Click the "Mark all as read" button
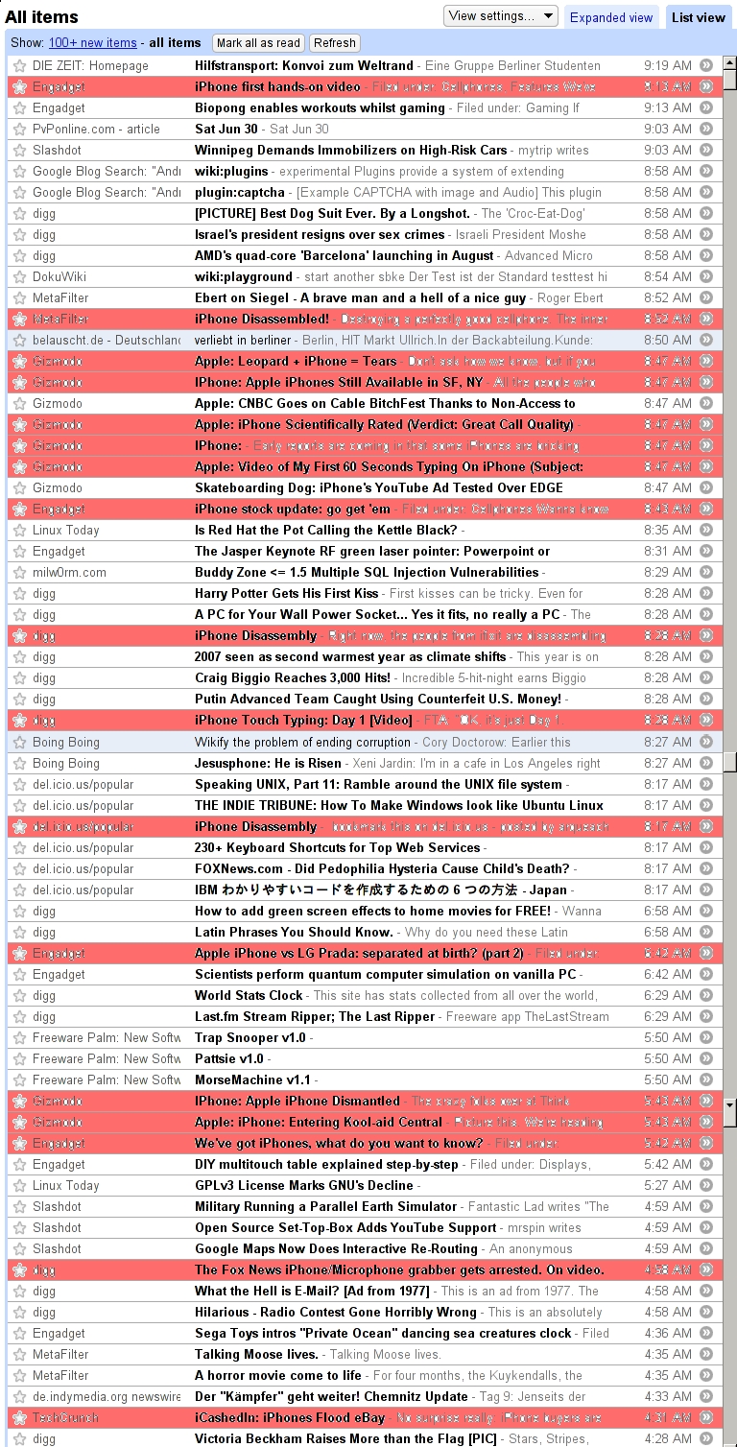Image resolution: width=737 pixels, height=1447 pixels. pos(258,43)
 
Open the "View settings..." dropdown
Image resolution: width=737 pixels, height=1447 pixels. pos(501,15)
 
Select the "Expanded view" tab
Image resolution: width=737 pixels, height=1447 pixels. pos(611,17)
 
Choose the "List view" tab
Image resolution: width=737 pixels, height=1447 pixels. pos(698,17)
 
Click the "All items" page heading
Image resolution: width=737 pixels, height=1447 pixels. pos(42,17)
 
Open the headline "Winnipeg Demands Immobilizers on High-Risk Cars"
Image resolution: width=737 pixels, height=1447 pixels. pos(350,151)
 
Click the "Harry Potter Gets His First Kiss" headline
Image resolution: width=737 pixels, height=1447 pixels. pos(286,594)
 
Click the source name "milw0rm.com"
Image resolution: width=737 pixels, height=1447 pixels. pos(69,573)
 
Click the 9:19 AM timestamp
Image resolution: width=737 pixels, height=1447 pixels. pos(668,66)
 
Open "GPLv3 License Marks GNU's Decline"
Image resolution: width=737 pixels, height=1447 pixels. pos(303,1186)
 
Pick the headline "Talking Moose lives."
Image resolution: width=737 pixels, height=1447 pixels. pos(256,1355)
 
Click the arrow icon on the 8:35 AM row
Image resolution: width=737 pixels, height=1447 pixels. pos(706,531)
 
